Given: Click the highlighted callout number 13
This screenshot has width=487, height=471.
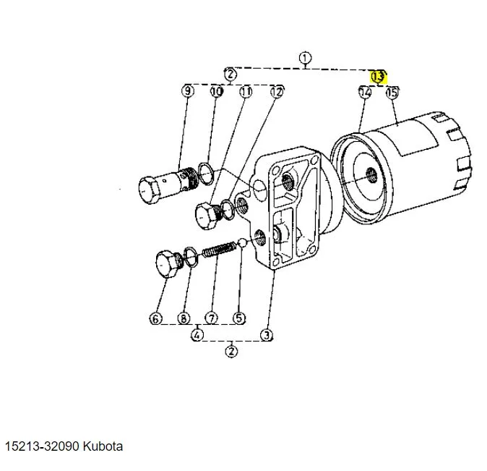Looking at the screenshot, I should pos(379,76).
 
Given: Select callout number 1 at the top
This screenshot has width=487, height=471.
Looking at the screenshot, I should pos(305,58).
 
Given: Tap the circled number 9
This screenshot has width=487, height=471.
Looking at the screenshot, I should pos(188,91).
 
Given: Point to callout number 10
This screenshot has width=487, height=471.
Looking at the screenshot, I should pos(216,91).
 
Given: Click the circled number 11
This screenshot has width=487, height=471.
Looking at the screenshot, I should pos(246,91).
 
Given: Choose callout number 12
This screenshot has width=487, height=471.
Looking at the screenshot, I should pos(277,91).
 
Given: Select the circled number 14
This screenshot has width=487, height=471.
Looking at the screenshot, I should pos(365,92).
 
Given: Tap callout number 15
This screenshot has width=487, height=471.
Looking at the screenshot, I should pos(392,92).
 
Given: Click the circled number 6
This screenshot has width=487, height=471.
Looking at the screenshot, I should pos(156,318).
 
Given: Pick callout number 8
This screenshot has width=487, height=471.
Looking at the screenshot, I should pos(184,318).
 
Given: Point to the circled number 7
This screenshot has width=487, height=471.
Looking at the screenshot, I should pos(211,318).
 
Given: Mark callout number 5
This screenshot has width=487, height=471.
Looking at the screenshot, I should pos(239,318).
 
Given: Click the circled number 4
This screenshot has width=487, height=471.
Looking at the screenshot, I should pos(197,334).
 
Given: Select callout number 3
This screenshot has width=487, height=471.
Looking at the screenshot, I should pos(267,334).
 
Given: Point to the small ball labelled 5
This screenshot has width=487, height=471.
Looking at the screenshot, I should pos(244,245).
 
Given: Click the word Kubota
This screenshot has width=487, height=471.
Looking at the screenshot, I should pos(103,446).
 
